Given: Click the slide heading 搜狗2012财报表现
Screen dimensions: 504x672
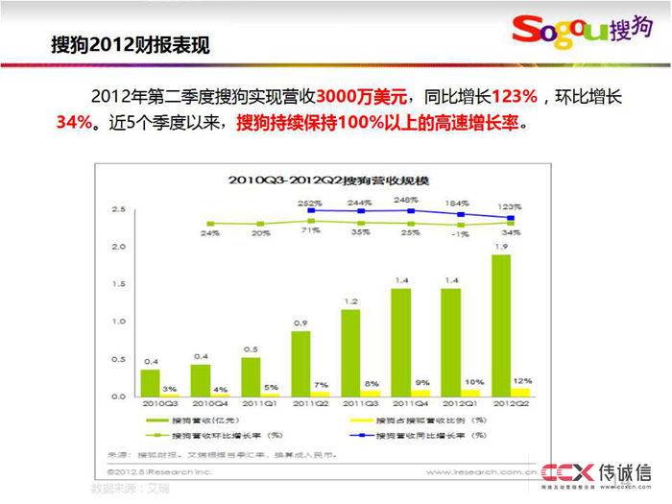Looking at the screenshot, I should click(x=130, y=45).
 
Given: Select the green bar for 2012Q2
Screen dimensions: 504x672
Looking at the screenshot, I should click(x=499, y=325).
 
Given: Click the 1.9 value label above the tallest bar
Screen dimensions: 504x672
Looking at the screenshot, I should click(x=500, y=246).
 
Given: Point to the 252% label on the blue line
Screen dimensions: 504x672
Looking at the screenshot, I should click(x=309, y=204).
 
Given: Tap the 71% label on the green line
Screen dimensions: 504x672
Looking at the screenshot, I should click(x=309, y=231).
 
